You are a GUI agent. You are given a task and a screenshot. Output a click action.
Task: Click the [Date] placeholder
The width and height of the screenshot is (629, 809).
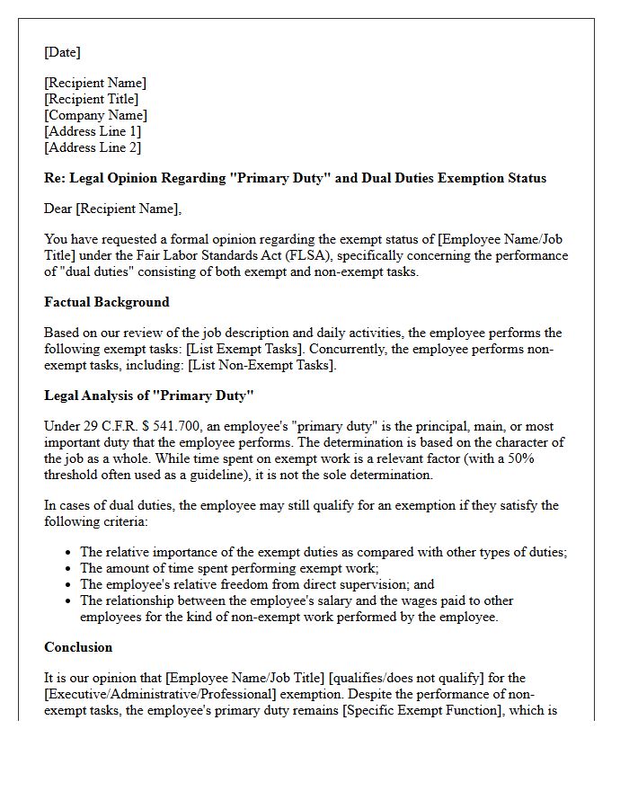coord(62,52)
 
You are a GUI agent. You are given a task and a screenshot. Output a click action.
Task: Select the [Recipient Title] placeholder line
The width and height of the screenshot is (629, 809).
coord(91,99)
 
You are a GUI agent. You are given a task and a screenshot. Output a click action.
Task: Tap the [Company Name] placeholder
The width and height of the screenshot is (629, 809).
coord(95,115)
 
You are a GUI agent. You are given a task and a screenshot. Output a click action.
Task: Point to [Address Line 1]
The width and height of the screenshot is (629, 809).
coord(93,131)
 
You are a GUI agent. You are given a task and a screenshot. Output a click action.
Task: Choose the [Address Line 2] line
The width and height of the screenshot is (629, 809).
coord(93,147)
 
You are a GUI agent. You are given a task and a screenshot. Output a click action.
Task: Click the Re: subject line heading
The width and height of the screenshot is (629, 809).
coord(295,178)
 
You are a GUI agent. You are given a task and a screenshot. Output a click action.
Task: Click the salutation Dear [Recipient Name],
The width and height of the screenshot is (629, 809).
coord(112,209)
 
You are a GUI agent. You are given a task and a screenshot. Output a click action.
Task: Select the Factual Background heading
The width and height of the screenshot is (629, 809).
coord(106,302)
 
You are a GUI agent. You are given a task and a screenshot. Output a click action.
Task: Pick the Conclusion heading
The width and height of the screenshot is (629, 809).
coord(78,647)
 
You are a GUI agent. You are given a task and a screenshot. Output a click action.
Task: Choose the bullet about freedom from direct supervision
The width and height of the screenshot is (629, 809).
coord(256,584)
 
